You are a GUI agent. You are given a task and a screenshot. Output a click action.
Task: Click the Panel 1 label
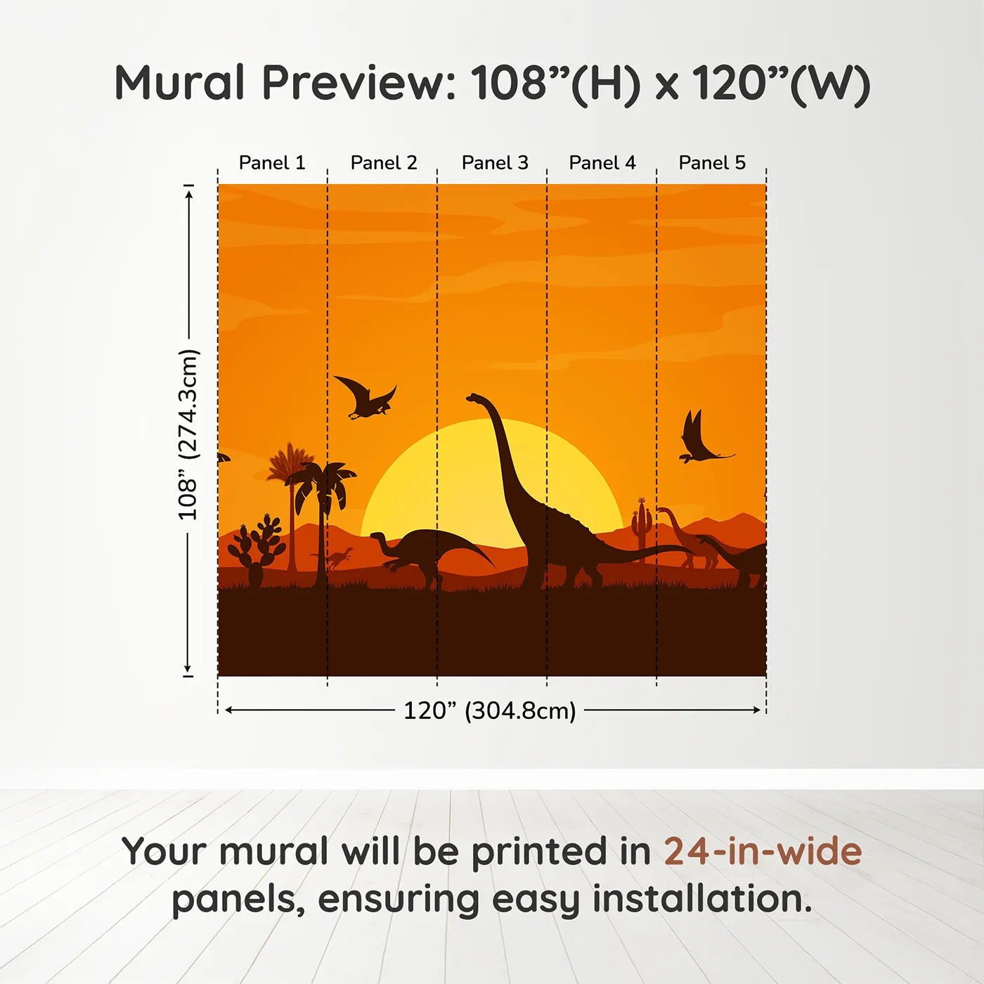(272, 163)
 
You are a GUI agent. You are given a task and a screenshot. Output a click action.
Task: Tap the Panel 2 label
(384, 163)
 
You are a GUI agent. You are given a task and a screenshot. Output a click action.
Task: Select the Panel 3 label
(495, 163)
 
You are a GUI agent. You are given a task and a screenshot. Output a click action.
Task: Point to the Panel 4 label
(602, 163)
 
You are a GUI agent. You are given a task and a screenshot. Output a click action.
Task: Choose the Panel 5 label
(712, 163)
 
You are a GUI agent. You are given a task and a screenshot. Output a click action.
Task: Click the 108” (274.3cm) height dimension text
(188, 434)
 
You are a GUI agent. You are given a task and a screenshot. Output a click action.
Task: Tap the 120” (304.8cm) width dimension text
(490, 711)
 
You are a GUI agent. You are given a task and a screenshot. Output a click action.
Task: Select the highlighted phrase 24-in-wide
(763, 851)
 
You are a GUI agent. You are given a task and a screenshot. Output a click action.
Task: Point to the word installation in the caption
(702, 899)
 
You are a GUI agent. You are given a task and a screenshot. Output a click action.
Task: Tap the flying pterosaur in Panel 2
(365, 398)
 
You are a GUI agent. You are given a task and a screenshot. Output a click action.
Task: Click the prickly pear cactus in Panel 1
(257, 550)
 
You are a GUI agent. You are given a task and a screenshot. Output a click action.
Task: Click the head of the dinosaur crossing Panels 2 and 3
(378, 536)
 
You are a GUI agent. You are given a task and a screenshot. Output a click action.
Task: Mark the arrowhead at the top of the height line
(189, 195)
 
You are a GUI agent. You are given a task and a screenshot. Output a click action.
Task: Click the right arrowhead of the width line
(757, 710)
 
